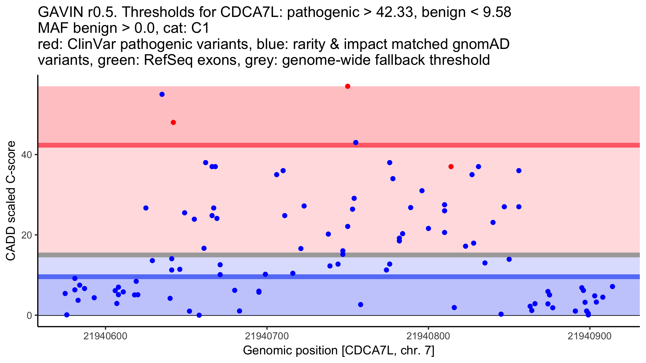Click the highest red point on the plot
click(x=347, y=86)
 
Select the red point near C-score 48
click(x=173, y=123)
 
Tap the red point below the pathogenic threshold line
click(x=451, y=167)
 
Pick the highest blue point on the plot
click(x=162, y=94)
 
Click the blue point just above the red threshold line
click(x=356, y=143)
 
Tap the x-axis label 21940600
click(x=105, y=336)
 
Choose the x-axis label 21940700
click(x=267, y=336)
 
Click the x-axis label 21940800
click(x=428, y=336)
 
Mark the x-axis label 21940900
click(x=590, y=336)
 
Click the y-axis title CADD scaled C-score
click(x=11, y=201)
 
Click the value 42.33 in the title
click(x=394, y=12)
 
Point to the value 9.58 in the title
click(x=497, y=12)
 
